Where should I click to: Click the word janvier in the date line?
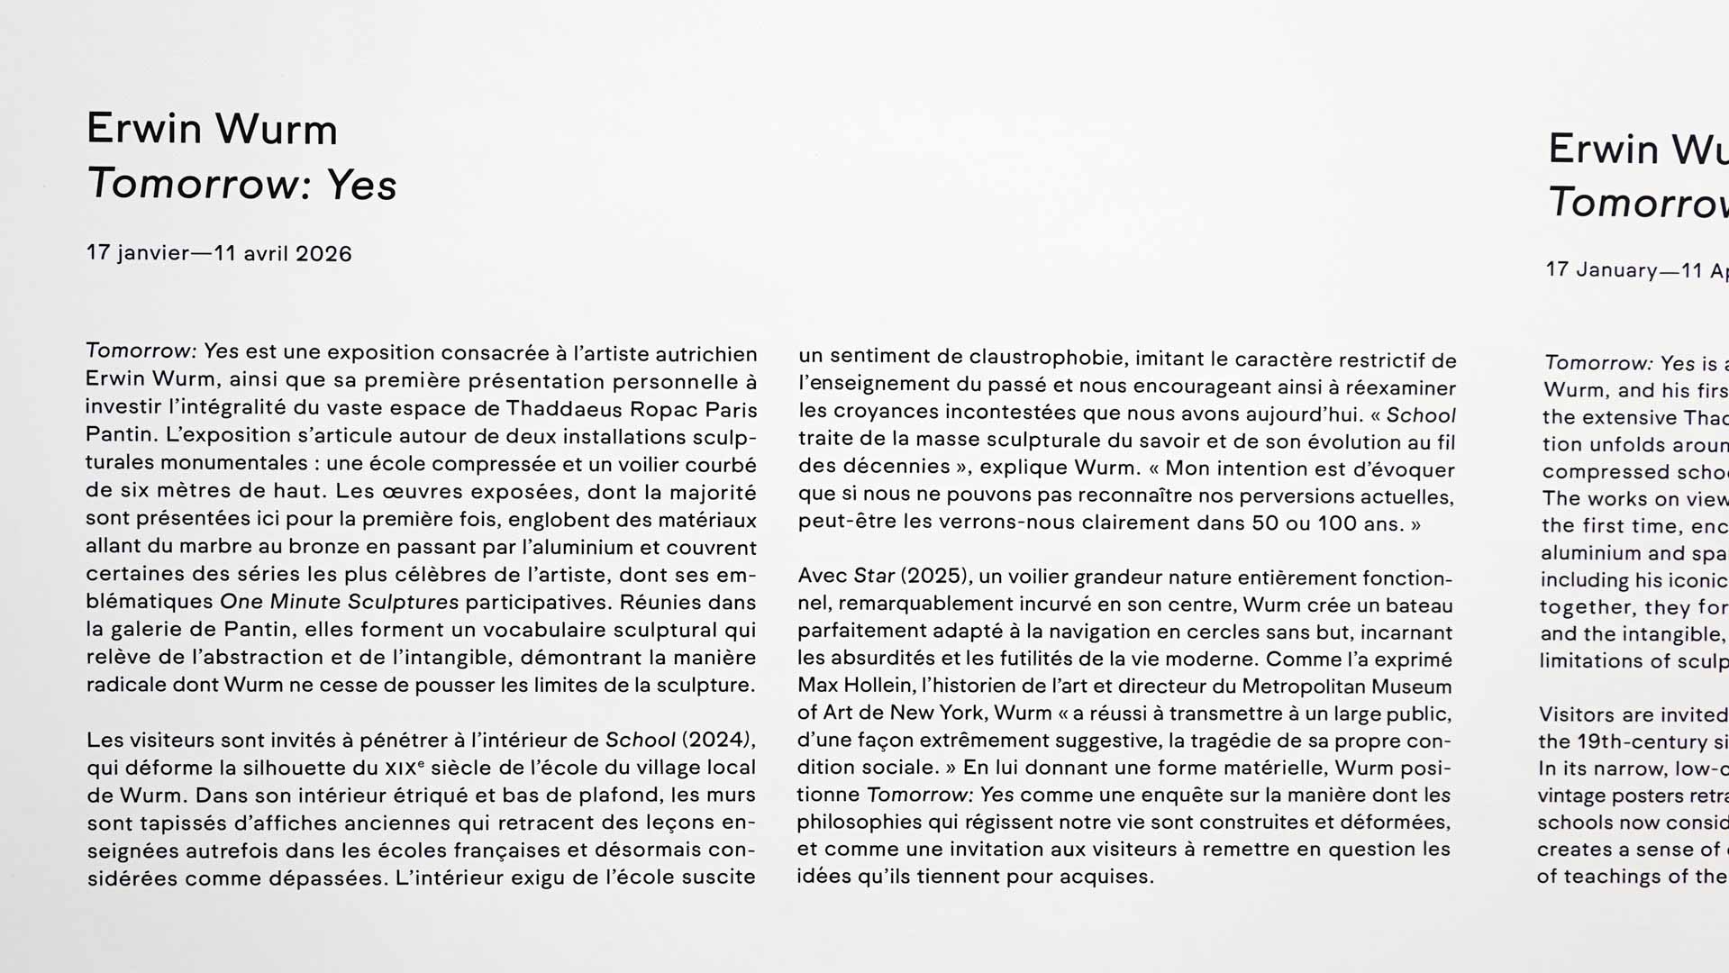[x=152, y=253]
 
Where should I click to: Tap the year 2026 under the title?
[x=323, y=254]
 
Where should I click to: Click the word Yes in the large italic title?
[x=360, y=185]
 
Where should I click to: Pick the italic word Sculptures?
[x=403, y=602]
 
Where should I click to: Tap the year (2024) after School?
[x=715, y=740]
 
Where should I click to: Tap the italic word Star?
[x=874, y=576]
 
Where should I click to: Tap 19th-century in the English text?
[x=1633, y=741]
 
